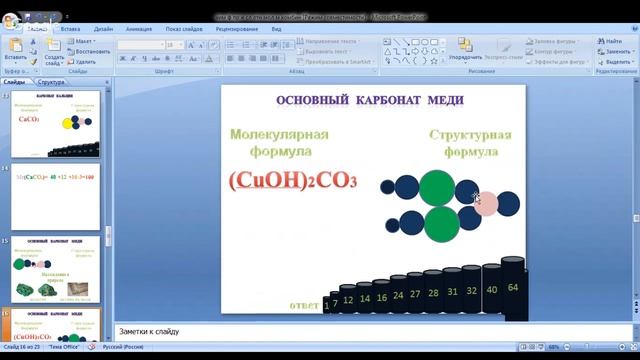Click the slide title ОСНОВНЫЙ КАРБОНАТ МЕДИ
373,101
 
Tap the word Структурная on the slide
470,135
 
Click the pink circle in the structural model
487,205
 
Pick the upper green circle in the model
436,187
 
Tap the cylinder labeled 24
398,297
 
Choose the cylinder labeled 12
348,300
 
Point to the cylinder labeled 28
433,295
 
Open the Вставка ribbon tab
70,30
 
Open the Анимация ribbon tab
139,30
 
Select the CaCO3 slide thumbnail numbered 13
61,124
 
